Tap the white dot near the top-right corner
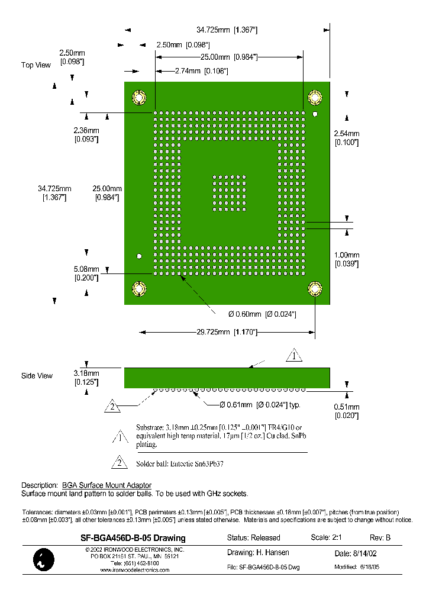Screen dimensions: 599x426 tap(316, 114)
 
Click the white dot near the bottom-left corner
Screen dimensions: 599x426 tap(139, 256)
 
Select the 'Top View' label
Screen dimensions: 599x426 tap(36, 65)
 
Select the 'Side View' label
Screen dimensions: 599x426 tap(37, 376)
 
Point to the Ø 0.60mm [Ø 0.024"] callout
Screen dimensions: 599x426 tap(262, 314)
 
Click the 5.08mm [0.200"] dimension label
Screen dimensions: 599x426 tap(86, 273)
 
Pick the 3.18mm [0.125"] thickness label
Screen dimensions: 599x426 tap(86, 378)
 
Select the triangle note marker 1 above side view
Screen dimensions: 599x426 tap(294, 356)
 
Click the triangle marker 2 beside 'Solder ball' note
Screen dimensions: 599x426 tap(119, 462)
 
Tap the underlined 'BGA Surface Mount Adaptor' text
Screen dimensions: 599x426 tap(106, 485)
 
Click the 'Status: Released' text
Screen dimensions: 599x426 tap(253, 538)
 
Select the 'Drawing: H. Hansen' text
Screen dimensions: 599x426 tap(258, 553)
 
